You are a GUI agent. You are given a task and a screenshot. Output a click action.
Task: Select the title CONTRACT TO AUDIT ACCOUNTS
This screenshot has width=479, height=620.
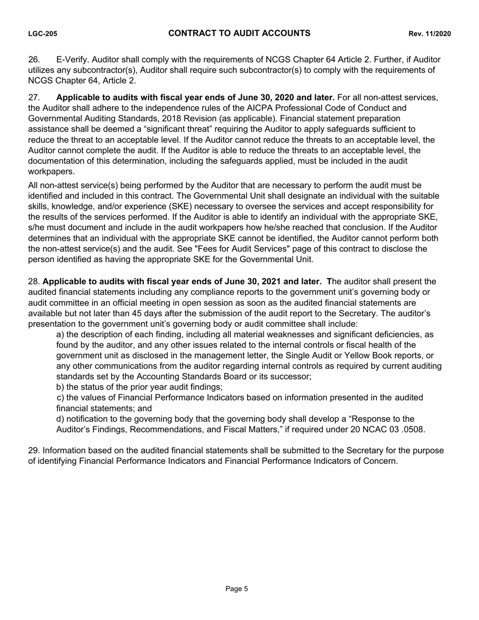(x=239, y=33)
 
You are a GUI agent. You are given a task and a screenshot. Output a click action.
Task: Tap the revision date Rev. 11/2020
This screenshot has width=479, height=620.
(x=430, y=34)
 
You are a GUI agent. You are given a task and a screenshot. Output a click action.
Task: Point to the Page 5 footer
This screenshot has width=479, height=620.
(x=237, y=589)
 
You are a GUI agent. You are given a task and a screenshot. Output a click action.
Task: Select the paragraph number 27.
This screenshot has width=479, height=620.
(x=33, y=97)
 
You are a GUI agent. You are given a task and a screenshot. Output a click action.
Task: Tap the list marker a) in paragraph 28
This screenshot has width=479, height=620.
(x=61, y=335)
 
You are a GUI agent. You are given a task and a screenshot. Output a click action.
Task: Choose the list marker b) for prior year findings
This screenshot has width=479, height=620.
(x=61, y=387)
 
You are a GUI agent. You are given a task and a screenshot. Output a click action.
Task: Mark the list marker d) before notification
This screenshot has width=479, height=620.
(x=61, y=419)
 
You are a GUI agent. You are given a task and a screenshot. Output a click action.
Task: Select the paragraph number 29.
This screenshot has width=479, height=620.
(x=34, y=451)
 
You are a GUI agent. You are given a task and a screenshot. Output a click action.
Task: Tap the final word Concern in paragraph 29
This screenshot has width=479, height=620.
(x=381, y=461)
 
